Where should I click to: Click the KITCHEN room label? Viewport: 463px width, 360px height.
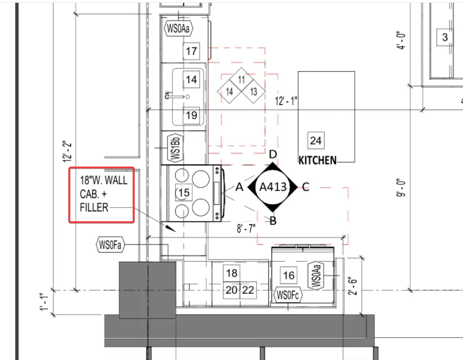click(x=317, y=160)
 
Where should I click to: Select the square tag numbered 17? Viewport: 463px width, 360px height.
click(x=191, y=51)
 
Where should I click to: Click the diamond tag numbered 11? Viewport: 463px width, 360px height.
click(x=241, y=79)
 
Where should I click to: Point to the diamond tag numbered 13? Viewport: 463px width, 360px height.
click(x=254, y=91)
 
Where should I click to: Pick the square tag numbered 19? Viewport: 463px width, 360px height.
click(x=191, y=115)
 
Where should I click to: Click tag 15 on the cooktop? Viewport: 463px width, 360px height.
click(x=184, y=192)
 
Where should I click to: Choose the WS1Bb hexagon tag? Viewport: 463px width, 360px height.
click(x=175, y=148)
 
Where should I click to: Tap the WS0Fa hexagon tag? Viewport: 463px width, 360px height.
click(x=110, y=245)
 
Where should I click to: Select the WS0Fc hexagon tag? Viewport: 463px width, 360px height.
click(x=288, y=295)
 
